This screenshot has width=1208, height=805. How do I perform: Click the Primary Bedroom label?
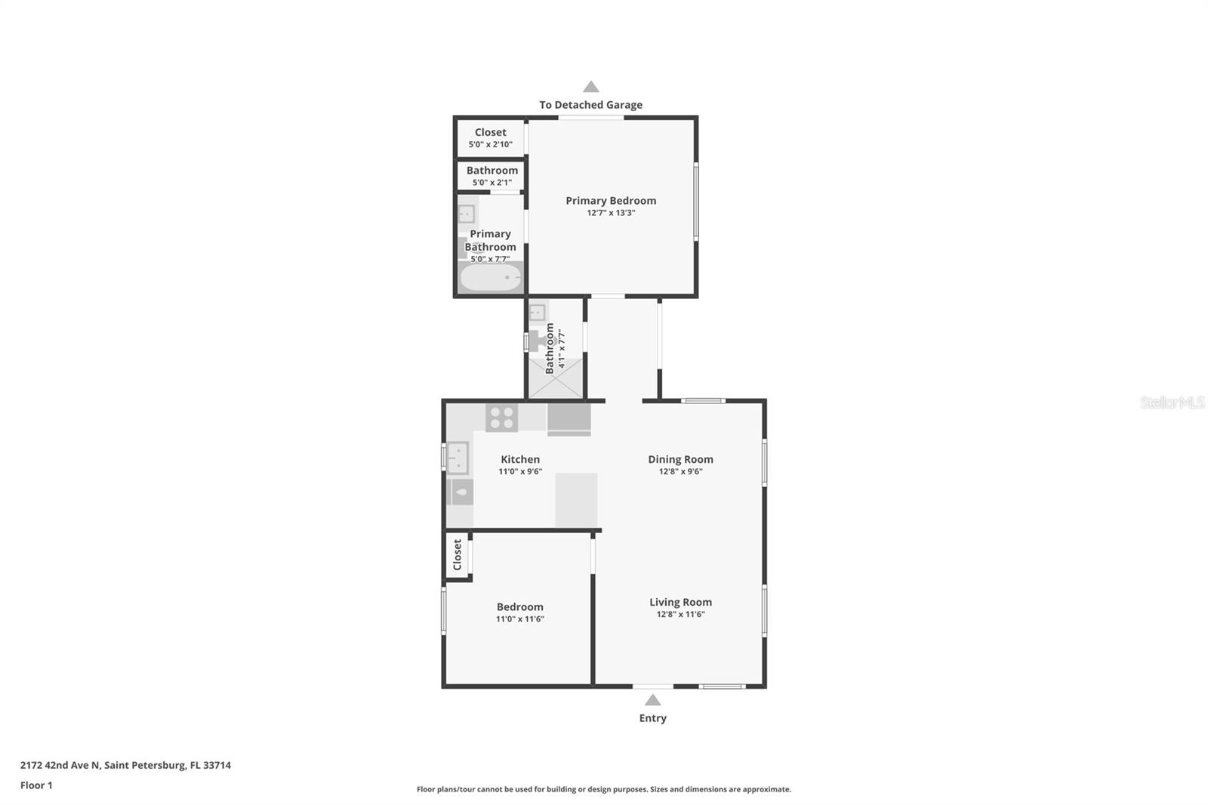[611, 201]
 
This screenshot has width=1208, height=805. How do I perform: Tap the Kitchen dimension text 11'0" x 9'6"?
[520, 471]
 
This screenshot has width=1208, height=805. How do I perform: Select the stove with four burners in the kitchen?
[501, 418]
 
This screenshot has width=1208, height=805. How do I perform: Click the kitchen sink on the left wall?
[458, 458]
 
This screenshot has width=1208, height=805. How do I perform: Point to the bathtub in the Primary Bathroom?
[491, 278]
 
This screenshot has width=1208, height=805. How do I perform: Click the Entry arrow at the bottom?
[653, 700]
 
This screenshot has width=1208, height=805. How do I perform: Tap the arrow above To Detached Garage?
[591, 87]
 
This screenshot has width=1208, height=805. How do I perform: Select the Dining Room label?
[680, 459]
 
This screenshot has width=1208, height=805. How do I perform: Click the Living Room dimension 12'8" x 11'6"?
[680, 614]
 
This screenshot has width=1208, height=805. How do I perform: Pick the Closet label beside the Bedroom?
[457, 554]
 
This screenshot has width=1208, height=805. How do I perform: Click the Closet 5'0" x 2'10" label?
[490, 137]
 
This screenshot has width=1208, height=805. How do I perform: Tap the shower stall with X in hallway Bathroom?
[556, 378]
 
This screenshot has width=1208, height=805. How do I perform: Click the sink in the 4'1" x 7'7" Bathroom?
[538, 312]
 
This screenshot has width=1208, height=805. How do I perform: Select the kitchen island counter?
[576, 499]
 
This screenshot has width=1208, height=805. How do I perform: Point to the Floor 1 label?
[36, 785]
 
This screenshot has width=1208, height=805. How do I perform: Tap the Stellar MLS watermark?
[1172, 402]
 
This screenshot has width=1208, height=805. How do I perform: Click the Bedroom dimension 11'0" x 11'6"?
[519, 618]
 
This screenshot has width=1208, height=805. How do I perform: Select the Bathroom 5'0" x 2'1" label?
[492, 175]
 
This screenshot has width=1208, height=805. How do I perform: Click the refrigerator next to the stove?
[569, 419]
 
